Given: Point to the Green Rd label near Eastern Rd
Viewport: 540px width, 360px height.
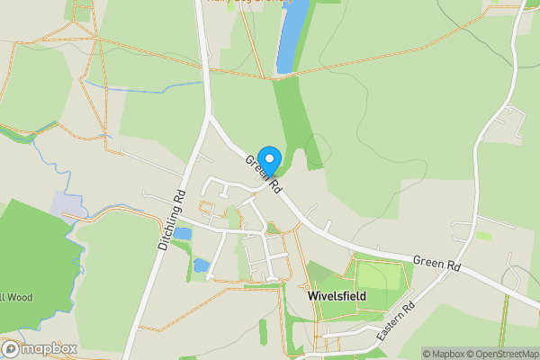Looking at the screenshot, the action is pos(436,263).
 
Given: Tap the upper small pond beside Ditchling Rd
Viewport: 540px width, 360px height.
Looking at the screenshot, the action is pos(183,234).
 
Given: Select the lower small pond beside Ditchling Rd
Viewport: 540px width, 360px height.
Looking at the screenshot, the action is pos(202,265).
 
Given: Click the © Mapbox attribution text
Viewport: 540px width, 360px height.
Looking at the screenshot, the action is pos(439,354).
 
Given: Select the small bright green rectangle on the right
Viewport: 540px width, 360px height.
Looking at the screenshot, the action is pos(483,236).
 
